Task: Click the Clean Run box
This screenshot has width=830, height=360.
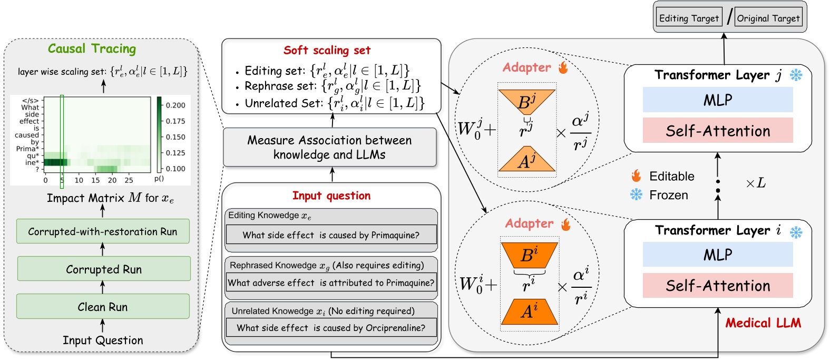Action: click(103, 306)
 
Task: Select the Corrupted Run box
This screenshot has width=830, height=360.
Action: click(103, 269)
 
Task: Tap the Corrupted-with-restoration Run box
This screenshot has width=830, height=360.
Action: click(103, 231)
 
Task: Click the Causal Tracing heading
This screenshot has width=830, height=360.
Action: click(92, 49)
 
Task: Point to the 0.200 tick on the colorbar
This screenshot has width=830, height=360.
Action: click(175, 105)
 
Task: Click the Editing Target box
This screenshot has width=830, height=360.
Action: click(689, 18)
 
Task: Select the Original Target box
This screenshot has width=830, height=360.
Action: click(768, 18)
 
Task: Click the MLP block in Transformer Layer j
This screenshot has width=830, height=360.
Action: click(717, 100)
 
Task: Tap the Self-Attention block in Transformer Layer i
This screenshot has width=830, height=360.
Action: click(717, 286)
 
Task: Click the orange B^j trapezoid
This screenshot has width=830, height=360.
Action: click(526, 101)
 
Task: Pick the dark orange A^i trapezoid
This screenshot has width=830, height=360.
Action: click(529, 312)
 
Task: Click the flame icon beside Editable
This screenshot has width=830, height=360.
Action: click(637, 176)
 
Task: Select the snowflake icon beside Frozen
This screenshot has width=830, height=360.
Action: click(637, 194)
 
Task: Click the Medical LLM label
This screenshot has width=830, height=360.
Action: click(763, 323)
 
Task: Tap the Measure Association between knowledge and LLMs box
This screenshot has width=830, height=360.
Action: click(330, 147)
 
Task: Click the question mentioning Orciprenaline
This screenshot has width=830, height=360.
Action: click(331, 327)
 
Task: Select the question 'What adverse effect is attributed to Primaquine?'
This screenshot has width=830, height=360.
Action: click(331, 283)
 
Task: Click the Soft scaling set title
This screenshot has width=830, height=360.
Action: click(327, 50)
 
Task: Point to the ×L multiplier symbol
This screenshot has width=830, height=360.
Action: click(755, 183)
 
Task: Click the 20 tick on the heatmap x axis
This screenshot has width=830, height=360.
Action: click(112, 180)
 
